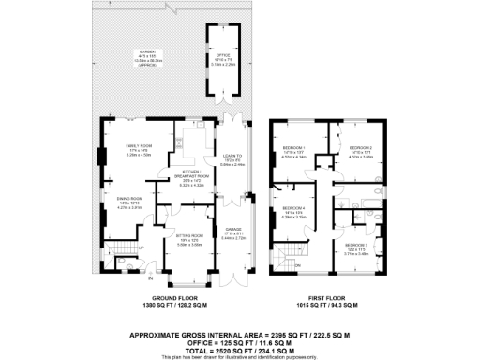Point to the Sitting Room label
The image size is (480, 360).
pos(190,239)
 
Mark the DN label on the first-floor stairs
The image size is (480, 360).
pos(297,267)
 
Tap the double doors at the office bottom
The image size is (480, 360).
pos(224,97)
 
